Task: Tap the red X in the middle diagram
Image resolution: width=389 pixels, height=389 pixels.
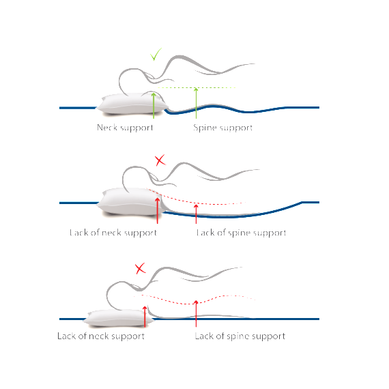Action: [x=160, y=160]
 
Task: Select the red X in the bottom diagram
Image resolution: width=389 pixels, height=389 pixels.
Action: [x=140, y=268]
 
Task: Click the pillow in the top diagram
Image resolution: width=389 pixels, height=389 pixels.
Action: [x=132, y=104]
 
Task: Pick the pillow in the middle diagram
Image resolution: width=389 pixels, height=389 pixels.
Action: [x=130, y=201]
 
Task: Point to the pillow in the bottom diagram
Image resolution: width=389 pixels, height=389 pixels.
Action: [x=119, y=318]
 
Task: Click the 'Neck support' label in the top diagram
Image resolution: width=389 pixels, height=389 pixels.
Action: [x=125, y=128]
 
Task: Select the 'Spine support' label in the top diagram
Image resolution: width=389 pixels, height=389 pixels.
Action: [x=222, y=128]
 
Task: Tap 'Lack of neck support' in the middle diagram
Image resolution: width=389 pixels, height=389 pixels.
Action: [x=113, y=233]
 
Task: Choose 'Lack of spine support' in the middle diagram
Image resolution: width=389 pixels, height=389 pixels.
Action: [x=241, y=233]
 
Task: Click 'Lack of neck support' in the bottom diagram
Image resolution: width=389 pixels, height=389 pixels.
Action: [x=101, y=336]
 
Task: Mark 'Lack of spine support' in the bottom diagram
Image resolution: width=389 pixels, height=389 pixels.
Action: [x=240, y=336]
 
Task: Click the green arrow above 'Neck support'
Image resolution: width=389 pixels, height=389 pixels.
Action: [x=154, y=106]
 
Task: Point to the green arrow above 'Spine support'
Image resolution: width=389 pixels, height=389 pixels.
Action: [x=196, y=103]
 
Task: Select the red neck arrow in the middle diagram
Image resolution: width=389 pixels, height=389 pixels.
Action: [x=157, y=211]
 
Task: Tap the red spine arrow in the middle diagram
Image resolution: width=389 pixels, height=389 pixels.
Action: [x=196, y=214]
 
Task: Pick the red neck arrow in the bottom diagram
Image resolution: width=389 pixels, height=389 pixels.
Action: [x=145, y=317]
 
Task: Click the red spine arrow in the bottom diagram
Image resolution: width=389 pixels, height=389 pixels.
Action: [x=196, y=313]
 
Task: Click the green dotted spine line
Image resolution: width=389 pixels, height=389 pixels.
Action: [x=197, y=87]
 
